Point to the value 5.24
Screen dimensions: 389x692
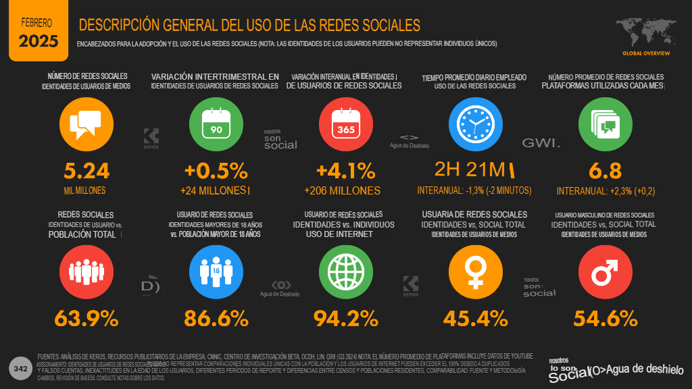pyautogui.click(x=86, y=170)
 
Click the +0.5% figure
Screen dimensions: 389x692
pyautogui.click(x=216, y=170)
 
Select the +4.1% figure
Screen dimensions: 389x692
pyautogui.click(x=346, y=170)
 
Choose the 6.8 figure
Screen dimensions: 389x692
pyautogui.click(x=605, y=170)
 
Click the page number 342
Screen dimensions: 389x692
pyautogui.click(x=20, y=369)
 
